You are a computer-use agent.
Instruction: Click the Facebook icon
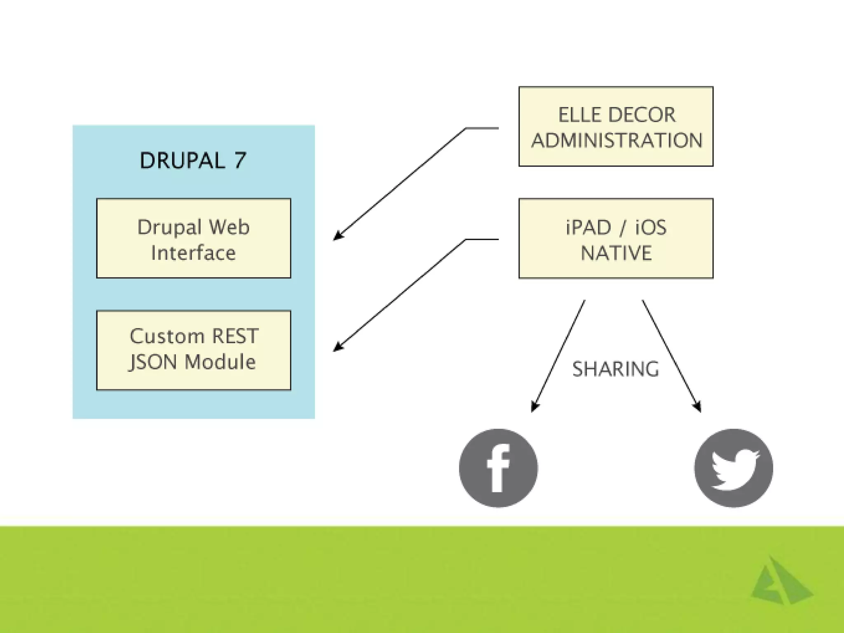pos(498,468)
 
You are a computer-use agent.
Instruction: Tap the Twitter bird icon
pos(734,468)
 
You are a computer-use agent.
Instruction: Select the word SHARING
pos(616,369)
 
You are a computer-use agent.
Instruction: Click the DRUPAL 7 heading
pos(193,160)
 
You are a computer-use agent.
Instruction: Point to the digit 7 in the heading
pos(240,160)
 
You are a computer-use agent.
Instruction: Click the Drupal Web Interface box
pos(194,238)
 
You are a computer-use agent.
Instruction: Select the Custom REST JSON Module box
pos(194,350)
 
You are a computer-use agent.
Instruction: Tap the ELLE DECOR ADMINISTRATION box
pos(616,127)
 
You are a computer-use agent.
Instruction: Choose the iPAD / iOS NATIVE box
pos(616,239)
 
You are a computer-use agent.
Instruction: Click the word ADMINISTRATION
pos(617,141)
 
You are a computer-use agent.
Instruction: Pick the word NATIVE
pos(616,253)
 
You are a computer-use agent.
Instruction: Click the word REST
pos(235,336)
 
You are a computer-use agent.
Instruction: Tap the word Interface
pos(193,253)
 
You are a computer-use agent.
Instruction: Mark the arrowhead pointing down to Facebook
pos(534,407)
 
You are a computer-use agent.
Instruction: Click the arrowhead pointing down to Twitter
pos(698,407)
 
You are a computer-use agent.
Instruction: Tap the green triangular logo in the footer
pos(780,582)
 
